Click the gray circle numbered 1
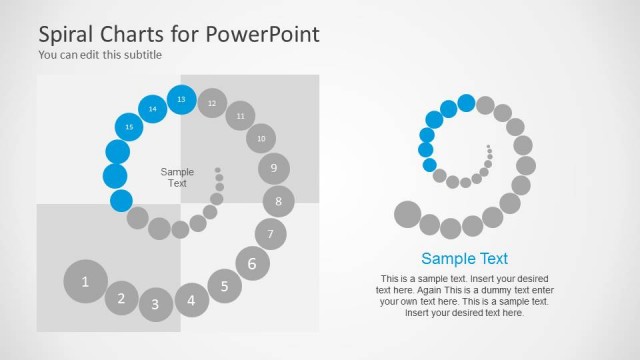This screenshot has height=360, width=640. [85, 281]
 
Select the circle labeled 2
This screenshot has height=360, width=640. [121, 297]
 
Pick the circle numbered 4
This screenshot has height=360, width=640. [192, 298]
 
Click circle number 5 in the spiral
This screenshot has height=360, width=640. [225, 286]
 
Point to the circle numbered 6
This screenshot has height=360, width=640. [252, 264]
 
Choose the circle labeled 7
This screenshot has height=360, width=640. [270, 235]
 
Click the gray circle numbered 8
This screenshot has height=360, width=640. [279, 202]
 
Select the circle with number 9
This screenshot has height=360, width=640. [274, 168]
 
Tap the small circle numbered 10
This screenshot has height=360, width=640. [261, 138]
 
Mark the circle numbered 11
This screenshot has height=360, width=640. [240, 116]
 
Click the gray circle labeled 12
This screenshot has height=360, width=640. [212, 103]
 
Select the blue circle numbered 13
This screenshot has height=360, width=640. [181, 100]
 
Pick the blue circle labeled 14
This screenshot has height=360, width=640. [153, 108]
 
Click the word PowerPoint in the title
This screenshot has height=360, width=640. [264, 33]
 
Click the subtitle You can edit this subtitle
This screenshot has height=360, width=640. [100, 55]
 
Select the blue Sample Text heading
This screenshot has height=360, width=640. [464, 257]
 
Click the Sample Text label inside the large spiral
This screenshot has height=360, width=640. [177, 177]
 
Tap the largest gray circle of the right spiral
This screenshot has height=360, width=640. [407, 214]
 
